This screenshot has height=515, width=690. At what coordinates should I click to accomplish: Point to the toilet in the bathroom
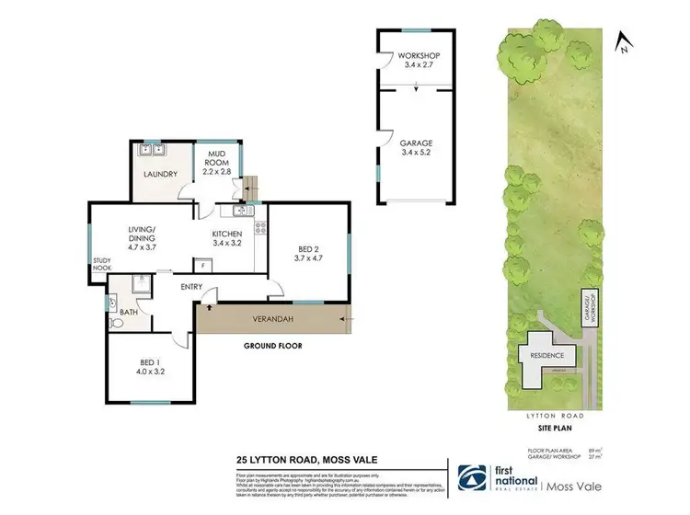point(117,324)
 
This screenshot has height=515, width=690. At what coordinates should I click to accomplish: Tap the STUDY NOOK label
point(101,265)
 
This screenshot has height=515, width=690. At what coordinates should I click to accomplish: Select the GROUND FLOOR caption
point(272,347)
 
